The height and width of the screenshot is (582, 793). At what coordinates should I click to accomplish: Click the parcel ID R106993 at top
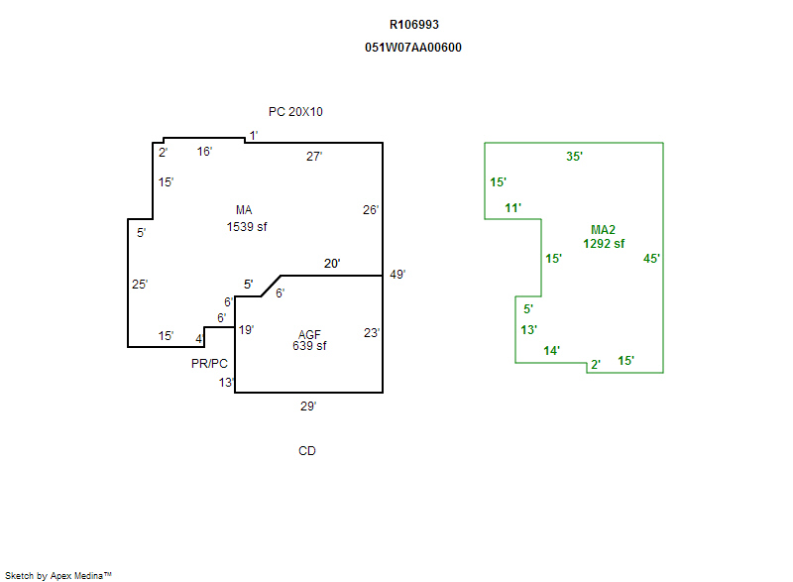[413, 25]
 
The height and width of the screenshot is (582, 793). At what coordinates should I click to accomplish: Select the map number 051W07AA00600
[413, 48]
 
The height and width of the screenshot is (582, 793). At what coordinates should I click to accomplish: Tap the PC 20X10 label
[295, 112]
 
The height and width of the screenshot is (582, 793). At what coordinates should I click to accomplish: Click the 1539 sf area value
[247, 227]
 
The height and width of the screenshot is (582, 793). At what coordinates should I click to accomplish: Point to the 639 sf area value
[309, 346]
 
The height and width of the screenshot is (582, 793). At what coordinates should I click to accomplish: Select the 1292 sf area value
[604, 243]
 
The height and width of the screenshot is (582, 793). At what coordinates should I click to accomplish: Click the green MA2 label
[604, 230]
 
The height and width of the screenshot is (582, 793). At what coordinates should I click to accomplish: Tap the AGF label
[309, 334]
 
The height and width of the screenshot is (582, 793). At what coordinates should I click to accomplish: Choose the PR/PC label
[210, 364]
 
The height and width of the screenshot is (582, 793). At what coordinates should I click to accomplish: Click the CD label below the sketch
[307, 451]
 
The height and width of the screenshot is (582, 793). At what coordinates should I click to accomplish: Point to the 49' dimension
[398, 275]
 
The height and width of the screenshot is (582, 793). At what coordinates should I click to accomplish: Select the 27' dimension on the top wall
[314, 157]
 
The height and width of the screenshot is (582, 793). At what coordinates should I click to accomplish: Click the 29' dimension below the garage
[308, 406]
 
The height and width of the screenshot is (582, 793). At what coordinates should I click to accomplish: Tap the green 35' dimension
[574, 157]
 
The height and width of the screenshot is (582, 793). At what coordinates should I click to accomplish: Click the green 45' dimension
[651, 259]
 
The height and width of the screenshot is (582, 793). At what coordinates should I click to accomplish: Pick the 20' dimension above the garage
[333, 264]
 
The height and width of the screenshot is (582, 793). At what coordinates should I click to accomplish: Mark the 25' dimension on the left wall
[140, 285]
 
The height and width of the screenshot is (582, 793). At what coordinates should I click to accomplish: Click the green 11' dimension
[512, 208]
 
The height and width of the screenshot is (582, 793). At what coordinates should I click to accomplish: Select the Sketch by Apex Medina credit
[58, 575]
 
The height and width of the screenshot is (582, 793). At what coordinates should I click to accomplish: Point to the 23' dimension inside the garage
[372, 333]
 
